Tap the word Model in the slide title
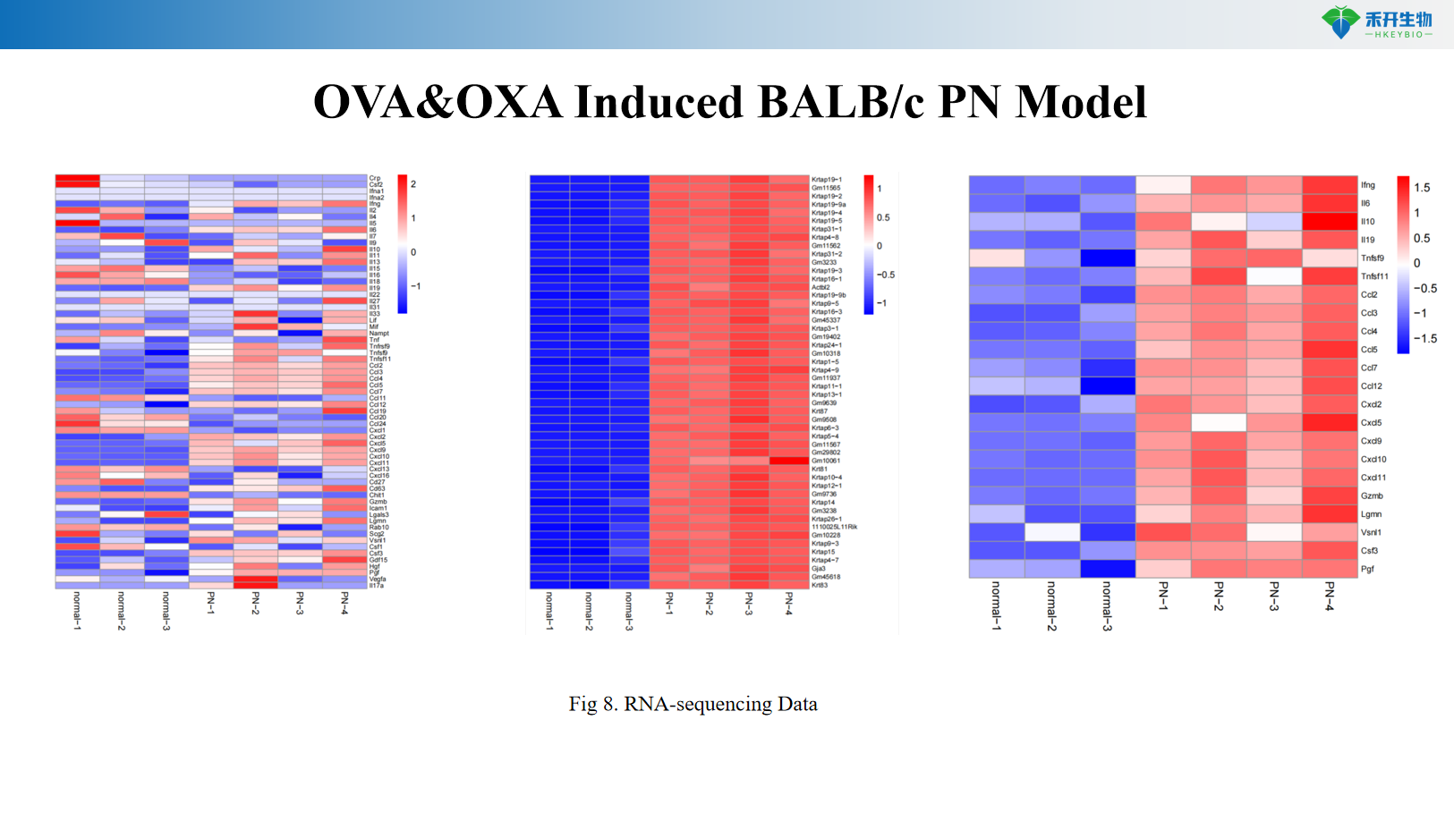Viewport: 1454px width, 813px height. (x=1081, y=102)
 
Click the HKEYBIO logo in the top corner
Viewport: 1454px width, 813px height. (x=1377, y=22)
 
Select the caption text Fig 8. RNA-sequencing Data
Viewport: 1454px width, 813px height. (x=693, y=704)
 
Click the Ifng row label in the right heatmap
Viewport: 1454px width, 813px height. (x=1368, y=185)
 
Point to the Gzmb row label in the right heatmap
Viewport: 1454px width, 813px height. (x=1372, y=495)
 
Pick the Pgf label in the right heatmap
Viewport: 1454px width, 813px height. (x=1367, y=569)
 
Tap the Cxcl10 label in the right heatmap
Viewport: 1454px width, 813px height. (x=1373, y=459)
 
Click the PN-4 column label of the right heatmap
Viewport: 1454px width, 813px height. (x=1330, y=597)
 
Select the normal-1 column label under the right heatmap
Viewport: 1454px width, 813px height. (x=996, y=606)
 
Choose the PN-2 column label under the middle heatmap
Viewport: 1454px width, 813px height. (x=710, y=604)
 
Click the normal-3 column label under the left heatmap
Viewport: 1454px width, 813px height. (x=166, y=610)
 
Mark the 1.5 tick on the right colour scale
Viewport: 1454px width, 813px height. (x=1422, y=188)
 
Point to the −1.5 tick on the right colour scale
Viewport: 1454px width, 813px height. (x=1425, y=339)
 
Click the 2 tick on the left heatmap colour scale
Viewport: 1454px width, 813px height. (x=413, y=184)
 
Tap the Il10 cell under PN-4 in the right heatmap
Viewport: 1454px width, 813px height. (x=1330, y=221)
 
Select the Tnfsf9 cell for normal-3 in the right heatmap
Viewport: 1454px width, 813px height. (x=1108, y=258)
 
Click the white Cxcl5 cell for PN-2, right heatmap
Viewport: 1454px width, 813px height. (x=1219, y=422)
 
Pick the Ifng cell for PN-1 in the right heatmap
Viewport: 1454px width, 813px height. (x=1163, y=185)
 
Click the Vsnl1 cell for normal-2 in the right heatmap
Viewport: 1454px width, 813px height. (x=1052, y=532)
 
